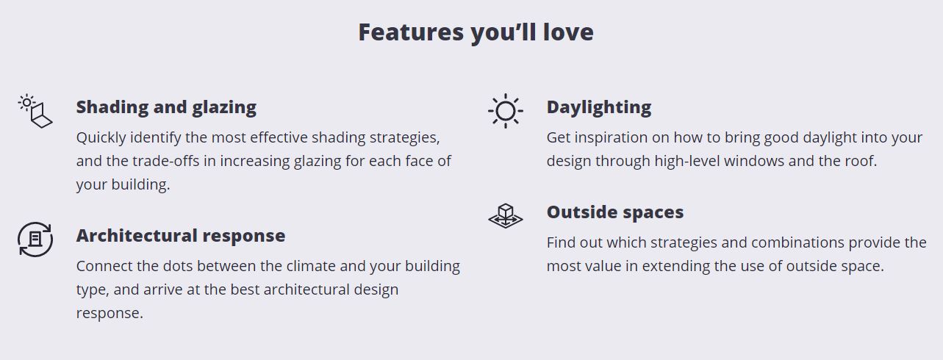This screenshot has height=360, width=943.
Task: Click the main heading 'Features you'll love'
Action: (x=476, y=32)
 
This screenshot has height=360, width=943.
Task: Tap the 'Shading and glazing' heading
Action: (x=166, y=108)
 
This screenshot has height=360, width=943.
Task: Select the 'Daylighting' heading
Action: (x=598, y=108)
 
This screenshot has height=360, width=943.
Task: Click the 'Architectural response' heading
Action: (x=181, y=236)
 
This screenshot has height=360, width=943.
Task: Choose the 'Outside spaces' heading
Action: (x=615, y=212)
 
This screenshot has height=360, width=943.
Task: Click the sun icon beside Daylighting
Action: (x=506, y=111)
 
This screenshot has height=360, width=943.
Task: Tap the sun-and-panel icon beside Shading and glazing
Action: (x=35, y=111)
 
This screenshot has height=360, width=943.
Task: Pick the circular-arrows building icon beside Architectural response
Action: (x=35, y=240)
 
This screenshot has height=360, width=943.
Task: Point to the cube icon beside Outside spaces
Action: (x=506, y=216)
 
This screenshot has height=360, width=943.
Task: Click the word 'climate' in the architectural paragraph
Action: (x=309, y=267)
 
